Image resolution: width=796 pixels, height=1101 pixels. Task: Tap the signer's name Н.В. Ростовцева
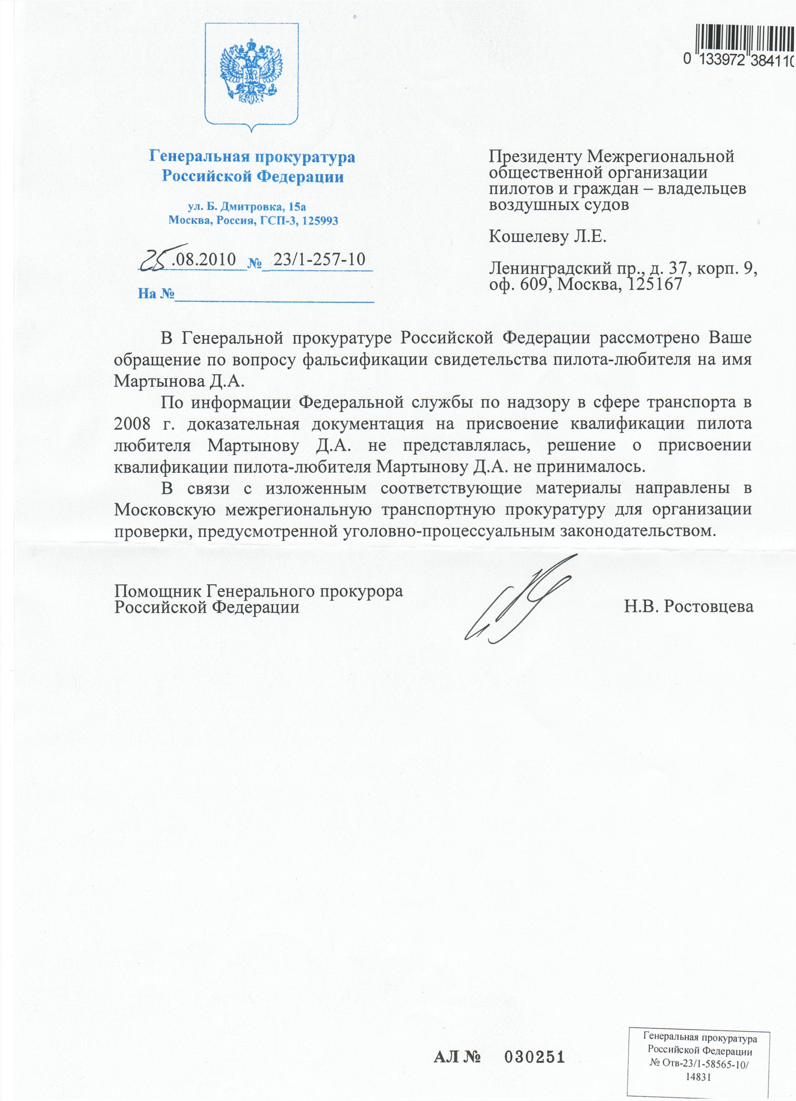pyautogui.click(x=689, y=606)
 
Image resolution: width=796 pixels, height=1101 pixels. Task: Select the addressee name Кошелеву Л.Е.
pyautogui.click(x=547, y=236)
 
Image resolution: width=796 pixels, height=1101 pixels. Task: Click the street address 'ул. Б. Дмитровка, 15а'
pyautogui.click(x=247, y=207)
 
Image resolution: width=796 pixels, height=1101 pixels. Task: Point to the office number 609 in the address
pyautogui.click(x=534, y=284)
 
